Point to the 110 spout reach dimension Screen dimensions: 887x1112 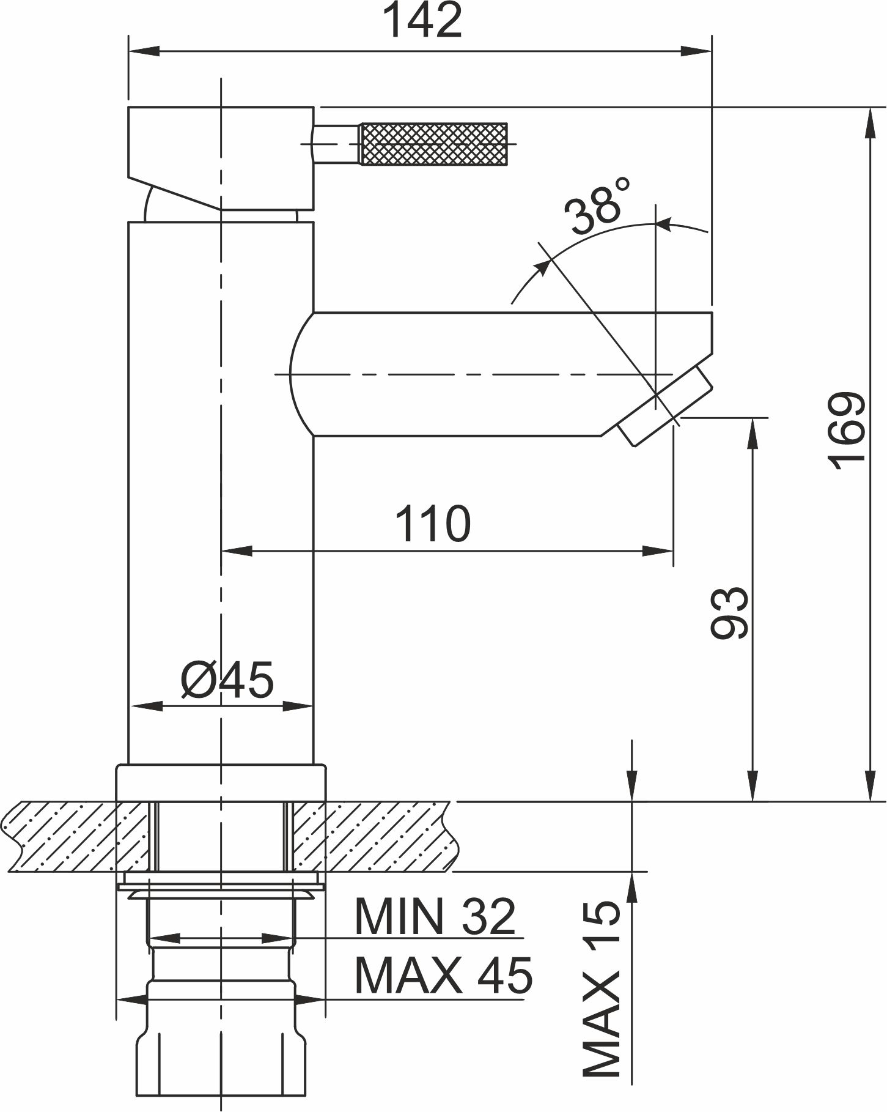pyautogui.click(x=433, y=524)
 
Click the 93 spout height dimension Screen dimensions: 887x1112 pyautogui.click(x=730, y=613)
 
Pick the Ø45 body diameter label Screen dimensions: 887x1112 pyautogui.click(x=227, y=680)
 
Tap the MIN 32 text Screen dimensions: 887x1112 pyautogui.click(x=436, y=916)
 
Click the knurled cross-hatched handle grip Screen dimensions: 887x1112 pyautogui.click(x=434, y=144)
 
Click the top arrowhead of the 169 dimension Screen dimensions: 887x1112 pyautogui.click(x=869, y=123)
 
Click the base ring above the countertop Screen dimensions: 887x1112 pyautogui.click(x=221, y=782)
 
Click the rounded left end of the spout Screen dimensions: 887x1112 pyautogui.click(x=302, y=374)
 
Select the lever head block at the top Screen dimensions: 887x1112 pyautogui.click(x=221, y=158)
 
